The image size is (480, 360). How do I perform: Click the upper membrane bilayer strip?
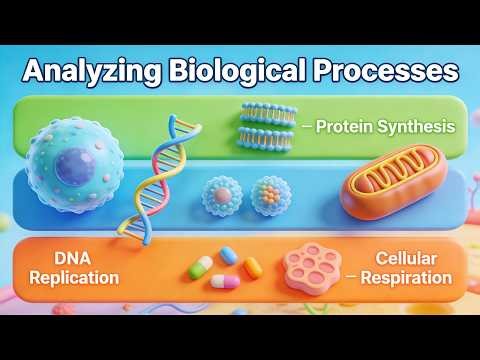267,114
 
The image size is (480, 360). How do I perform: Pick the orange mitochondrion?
384,185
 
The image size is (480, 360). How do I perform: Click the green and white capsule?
201,266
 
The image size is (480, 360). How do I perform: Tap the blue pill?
229,256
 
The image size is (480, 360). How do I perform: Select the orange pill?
253,266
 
